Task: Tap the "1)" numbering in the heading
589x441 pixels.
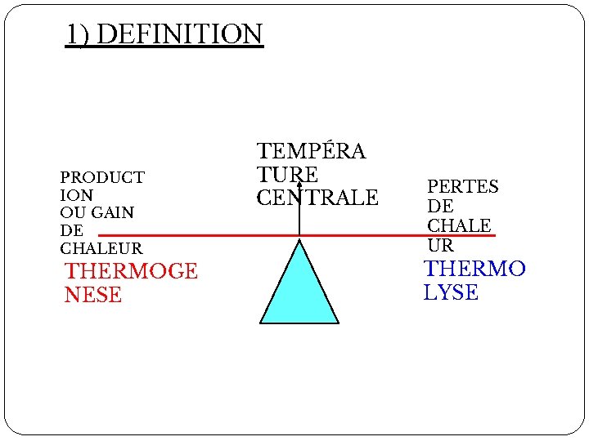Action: point(79,35)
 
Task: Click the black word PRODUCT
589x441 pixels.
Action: point(102,177)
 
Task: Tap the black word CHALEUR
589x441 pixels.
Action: point(101,248)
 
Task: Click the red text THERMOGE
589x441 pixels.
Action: point(131,271)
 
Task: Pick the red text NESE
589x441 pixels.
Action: point(92,294)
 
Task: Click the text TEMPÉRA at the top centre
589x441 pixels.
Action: point(312,151)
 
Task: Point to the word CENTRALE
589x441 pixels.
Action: point(317,198)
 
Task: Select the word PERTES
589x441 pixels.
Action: point(462,186)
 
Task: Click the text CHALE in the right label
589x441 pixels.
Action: point(459,225)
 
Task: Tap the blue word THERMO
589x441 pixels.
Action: point(474,269)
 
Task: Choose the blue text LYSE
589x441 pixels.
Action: point(451,292)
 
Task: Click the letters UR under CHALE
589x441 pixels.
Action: point(440,244)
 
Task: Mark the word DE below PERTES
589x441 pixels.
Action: point(440,206)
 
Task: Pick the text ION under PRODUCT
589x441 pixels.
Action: point(76,195)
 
